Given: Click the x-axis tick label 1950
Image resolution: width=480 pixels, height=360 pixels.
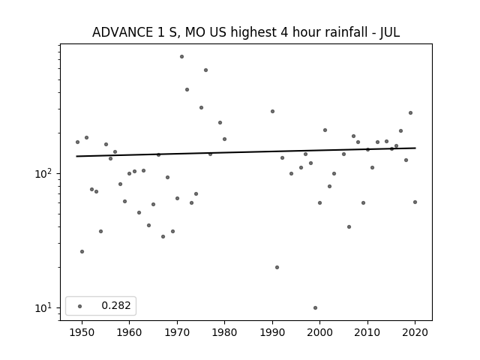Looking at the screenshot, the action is coord(82,332).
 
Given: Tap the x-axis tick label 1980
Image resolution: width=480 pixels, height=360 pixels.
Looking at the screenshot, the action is coord(224,332).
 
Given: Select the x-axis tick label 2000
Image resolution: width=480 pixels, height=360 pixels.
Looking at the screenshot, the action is coord(320,332).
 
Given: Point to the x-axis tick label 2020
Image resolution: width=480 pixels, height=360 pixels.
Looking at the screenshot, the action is coord(415,332).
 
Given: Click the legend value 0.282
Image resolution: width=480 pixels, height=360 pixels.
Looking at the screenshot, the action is coord(116,305).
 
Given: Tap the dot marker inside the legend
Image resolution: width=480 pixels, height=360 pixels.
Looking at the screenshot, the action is coord(80,306).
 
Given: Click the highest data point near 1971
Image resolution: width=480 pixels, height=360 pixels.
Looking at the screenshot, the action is coord(181,57).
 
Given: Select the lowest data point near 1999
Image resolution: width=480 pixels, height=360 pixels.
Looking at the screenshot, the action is coord(315,308).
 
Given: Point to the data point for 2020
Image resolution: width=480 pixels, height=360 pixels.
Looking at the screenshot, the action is coord(415,202).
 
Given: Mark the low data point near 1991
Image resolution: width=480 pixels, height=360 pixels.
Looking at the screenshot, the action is coord(277,267).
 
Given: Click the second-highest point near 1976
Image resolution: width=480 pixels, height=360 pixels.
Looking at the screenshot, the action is coord(205,70).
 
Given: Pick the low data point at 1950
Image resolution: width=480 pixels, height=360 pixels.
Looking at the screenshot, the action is coord(82,252).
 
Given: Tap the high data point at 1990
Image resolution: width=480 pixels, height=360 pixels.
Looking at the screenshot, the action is coord(272,112).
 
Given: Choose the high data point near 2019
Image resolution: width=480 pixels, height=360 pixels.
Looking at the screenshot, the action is coord(410,113).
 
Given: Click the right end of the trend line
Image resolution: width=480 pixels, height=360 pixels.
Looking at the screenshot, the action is coord(415,148).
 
